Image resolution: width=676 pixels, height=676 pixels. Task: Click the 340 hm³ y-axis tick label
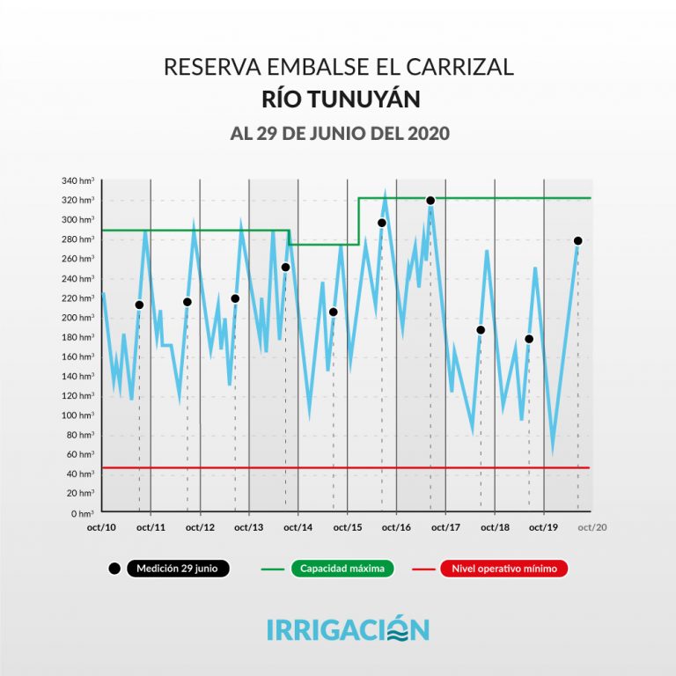coord(78,180)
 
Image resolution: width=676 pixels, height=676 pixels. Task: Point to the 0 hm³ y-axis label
coord(83,512)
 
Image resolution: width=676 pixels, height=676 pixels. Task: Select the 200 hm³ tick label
coord(78,317)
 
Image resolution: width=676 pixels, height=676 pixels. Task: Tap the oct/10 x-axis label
coord(102,526)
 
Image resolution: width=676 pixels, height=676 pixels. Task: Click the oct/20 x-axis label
coord(592,526)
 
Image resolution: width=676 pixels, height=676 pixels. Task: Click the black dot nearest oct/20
coord(578,241)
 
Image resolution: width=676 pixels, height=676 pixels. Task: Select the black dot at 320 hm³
coord(430,201)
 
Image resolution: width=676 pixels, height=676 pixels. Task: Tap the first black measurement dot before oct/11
coord(139,305)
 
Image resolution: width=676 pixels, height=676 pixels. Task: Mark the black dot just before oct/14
coord(285,267)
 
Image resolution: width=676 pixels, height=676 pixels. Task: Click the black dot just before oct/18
coord(481,330)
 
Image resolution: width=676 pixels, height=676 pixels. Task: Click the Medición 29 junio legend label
coord(178,569)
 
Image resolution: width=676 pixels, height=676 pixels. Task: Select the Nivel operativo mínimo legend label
coord(504,569)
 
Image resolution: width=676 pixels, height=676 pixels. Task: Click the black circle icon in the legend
coord(114,569)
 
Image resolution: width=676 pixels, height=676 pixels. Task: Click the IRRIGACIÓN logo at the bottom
coord(348,629)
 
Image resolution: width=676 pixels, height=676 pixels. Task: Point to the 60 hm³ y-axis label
coord(80,454)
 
